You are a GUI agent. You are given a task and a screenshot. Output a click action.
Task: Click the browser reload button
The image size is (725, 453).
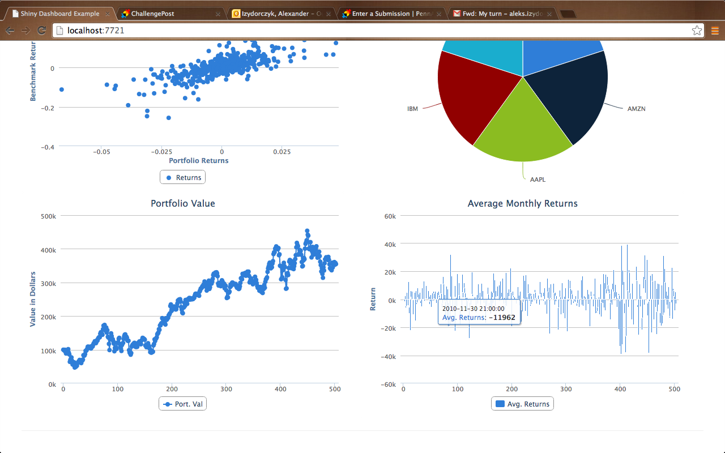tap(41, 31)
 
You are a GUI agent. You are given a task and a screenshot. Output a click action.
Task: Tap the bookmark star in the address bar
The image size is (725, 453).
tap(697, 31)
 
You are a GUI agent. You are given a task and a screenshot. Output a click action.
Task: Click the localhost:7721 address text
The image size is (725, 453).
tap(96, 31)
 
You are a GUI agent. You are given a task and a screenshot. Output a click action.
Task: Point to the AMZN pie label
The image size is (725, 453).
tap(636, 109)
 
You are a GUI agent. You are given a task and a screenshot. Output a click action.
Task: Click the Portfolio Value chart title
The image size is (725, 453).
tap(183, 203)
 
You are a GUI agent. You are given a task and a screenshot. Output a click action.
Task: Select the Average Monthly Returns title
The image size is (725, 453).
tap(522, 203)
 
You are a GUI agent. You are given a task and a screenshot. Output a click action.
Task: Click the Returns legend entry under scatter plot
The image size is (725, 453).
tap(183, 177)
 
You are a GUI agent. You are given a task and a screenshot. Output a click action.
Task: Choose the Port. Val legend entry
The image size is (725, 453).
tap(183, 404)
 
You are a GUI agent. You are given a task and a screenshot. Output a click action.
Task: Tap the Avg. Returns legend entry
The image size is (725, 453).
tap(522, 404)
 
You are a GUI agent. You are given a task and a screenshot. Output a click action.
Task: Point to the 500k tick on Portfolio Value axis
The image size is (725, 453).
tap(48, 216)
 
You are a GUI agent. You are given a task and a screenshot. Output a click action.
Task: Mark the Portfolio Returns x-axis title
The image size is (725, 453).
tap(199, 160)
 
